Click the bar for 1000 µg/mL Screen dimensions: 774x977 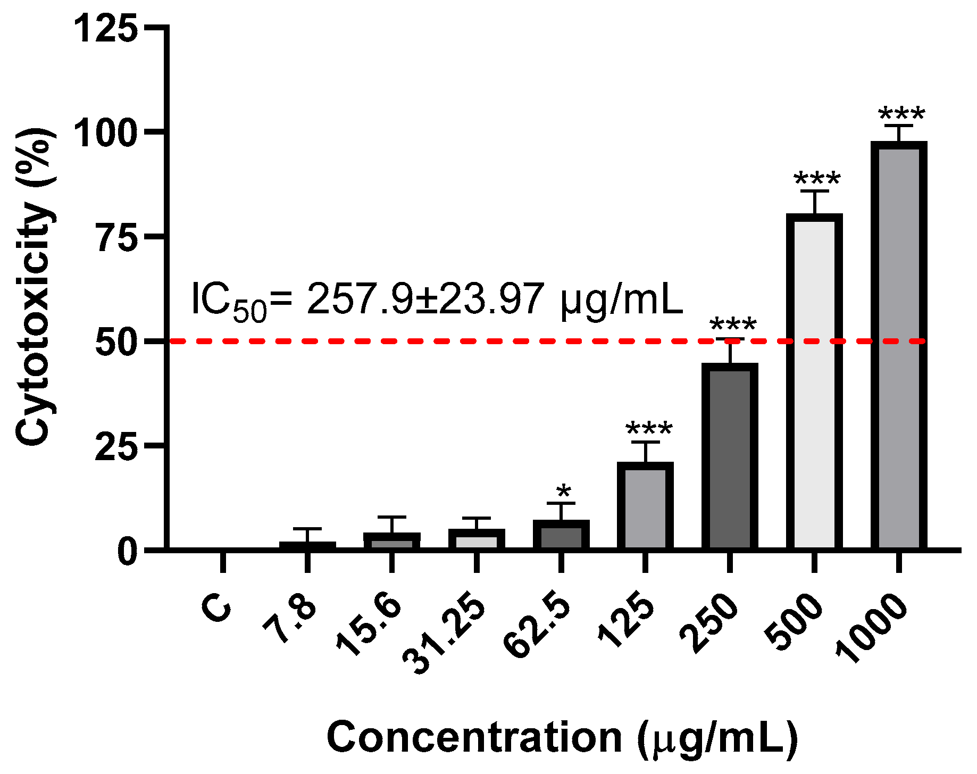click(x=899, y=346)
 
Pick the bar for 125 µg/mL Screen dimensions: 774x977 click(x=645, y=506)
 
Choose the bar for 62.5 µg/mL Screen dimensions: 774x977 click(x=561, y=535)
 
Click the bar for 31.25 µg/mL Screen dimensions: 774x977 click(x=477, y=539)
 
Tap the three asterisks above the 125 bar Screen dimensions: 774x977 click(x=649, y=428)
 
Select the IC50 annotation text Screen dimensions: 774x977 click(x=436, y=301)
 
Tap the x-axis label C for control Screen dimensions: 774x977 click(x=217, y=608)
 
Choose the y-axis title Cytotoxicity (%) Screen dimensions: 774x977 click(x=35, y=287)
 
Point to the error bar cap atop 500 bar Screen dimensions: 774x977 click(x=814, y=190)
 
